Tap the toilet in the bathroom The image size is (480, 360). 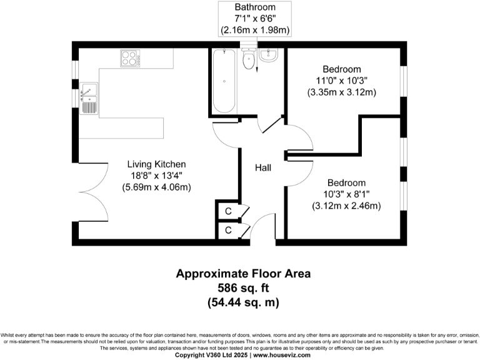[247, 60]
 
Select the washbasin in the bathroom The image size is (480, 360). [269, 55]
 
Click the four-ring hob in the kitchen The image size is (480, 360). [130, 59]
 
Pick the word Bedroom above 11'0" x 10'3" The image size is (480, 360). [341, 69]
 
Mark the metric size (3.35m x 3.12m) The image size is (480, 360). [341, 92]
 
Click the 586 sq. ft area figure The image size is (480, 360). [242, 288]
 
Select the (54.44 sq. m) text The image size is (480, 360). [242, 302]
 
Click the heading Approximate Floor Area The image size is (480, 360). [242, 274]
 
